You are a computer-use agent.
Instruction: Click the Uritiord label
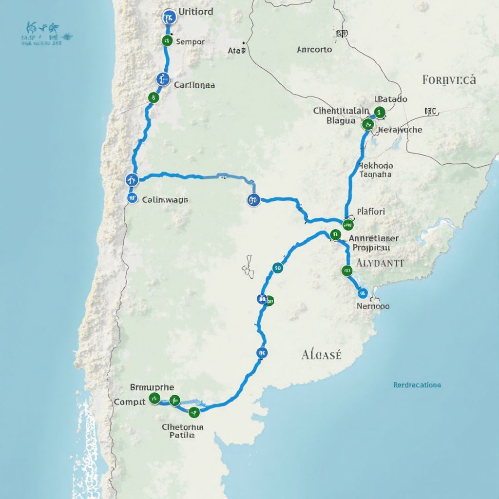[x=195, y=11]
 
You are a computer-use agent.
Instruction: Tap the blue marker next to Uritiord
[x=169, y=17]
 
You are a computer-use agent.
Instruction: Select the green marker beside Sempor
[x=167, y=40]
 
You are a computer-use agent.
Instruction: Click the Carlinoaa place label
[x=194, y=84]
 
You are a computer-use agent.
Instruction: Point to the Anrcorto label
[x=314, y=49]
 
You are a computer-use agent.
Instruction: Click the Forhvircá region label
[x=449, y=79]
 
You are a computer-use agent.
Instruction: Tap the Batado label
[x=391, y=99]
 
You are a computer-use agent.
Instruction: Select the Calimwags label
[x=165, y=199]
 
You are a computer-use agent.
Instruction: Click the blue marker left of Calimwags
[x=132, y=197]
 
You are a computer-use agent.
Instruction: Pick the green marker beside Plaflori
[x=347, y=225]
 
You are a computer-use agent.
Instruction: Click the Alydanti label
[x=380, y=263]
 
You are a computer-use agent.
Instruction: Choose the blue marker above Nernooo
[x=362, y=293]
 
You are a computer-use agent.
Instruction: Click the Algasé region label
[x=321, y=354]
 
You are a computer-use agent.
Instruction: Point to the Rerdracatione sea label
[x=417, y=385]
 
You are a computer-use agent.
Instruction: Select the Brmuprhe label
[x=152, y=387]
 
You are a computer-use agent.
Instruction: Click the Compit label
[x=130, y=402]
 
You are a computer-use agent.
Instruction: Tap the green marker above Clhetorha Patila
[x=194, y=412]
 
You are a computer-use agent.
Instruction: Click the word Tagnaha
[x=375, y=174]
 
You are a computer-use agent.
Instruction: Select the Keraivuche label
[x=400, y=130]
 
